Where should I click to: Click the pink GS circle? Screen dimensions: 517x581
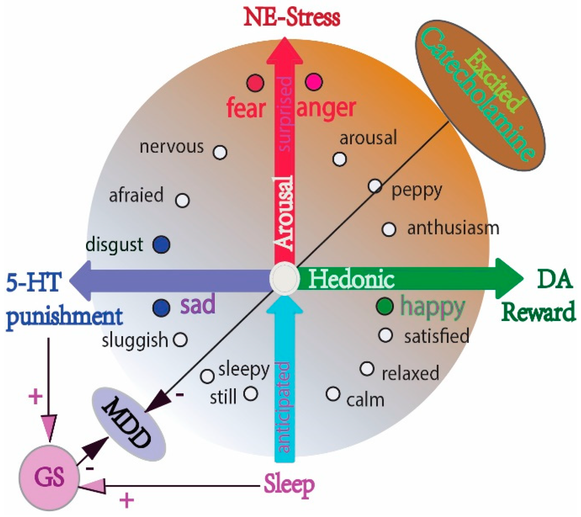point(49,477)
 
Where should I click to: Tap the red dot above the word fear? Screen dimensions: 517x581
point(255,83)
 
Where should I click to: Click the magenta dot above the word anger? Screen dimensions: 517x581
point(314,82)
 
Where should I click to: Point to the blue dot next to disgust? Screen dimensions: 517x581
point(161,244)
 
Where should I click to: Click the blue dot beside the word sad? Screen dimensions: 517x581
point(161,308)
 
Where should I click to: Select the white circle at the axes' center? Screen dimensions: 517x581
point(284,279)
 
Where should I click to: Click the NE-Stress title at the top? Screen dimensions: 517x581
point(291,18)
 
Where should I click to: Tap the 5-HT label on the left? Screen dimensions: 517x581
point(33,282)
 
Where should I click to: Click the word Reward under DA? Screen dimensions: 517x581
point(538,312)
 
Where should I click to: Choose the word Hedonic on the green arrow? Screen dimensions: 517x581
point(352,279)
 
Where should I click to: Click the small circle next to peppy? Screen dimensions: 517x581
point(375,186)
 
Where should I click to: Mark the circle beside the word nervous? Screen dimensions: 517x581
point(220,152)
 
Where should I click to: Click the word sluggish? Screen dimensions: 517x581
point(135,340)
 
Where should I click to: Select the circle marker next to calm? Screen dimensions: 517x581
point(333,394)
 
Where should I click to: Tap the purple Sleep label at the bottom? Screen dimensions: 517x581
point(289,485)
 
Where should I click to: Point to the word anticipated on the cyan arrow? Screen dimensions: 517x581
point(284,407)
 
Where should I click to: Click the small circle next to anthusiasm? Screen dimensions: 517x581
point(389,229)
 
